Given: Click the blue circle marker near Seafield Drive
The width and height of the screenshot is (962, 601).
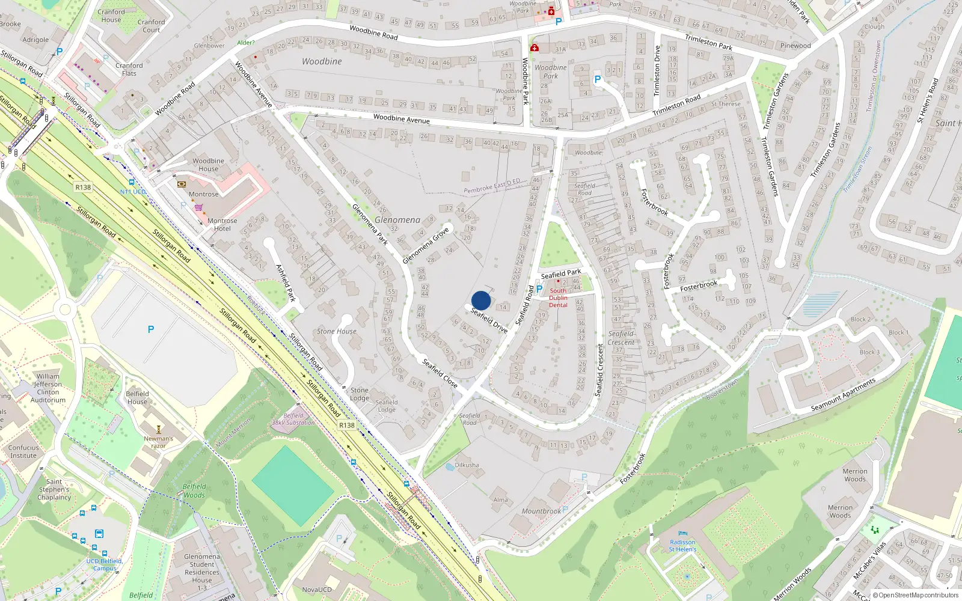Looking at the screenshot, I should tap(481, 300).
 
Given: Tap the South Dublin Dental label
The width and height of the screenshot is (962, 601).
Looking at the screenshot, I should tap(558, 297).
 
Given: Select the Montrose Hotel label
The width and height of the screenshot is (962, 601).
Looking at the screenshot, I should tap(222, 224).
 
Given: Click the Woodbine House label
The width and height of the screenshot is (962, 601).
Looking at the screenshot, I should tap(208, 165).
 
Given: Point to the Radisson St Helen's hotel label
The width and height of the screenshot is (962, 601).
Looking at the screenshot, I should tap(682, 545).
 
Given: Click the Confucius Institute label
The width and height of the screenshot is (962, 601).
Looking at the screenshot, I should tap(23, 451).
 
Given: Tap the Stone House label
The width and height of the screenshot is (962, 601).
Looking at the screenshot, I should tap(337, 331).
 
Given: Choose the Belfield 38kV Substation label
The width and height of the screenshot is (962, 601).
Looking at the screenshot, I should tap(293, 419).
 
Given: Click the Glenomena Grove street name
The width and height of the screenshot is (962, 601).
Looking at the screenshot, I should tap(426, 245).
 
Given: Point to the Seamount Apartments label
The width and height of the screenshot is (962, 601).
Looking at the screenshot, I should tap(843, 395).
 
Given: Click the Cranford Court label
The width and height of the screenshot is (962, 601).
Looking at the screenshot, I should tap(151, 26).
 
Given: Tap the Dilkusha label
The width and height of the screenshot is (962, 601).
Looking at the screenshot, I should tap(467, 465).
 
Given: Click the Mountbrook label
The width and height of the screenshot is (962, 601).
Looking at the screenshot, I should tap(541, 511).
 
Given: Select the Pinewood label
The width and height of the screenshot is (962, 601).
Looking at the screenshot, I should tap(795, 46).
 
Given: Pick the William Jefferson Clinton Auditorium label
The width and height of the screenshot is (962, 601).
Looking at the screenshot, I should tap(48, 388).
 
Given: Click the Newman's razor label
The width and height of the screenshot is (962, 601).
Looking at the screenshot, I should tap(158, 442).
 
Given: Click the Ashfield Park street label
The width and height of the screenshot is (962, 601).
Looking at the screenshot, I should tap(286, 282).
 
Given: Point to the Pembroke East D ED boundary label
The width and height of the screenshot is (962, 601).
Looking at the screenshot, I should tap(492, 186).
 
